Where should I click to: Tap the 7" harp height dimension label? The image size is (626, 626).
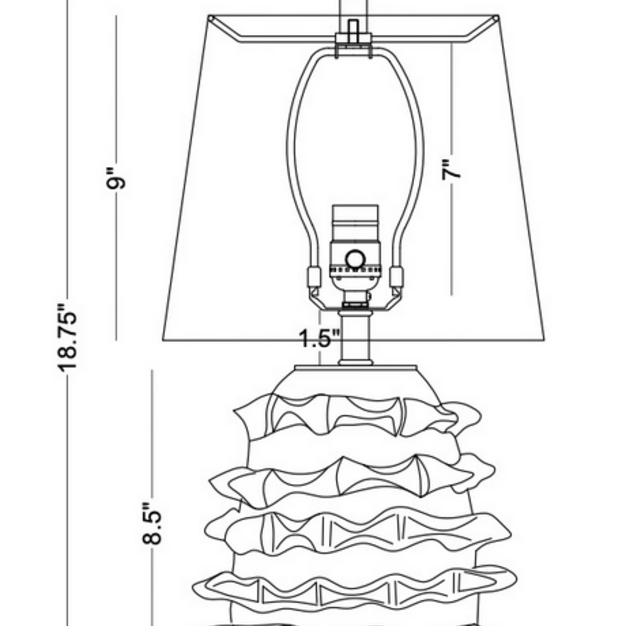pyautogui.click(x=451, y=169)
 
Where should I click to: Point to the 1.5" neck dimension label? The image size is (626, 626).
pyautogui.click(x=319, y=338)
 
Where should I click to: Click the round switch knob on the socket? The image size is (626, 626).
pyautogui.click(x=355, y=260)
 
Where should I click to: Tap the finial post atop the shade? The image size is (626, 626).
pyautogui.click(x=353, y=29)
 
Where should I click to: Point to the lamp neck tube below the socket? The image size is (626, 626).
pyautogui.click(x=355, y=337)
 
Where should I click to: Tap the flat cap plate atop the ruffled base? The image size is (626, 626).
pyautogui.click(x=355, y=368)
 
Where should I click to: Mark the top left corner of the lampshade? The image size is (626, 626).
pyautogui.click(x=210, y=16)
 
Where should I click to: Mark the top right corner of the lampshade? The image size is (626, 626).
pyautogui.click(x=499, y=16)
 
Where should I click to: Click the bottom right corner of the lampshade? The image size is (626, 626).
pyautogui.click(x=545, y=340)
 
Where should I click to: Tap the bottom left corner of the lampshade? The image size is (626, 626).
pyautogui.click(x=163, y=340)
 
